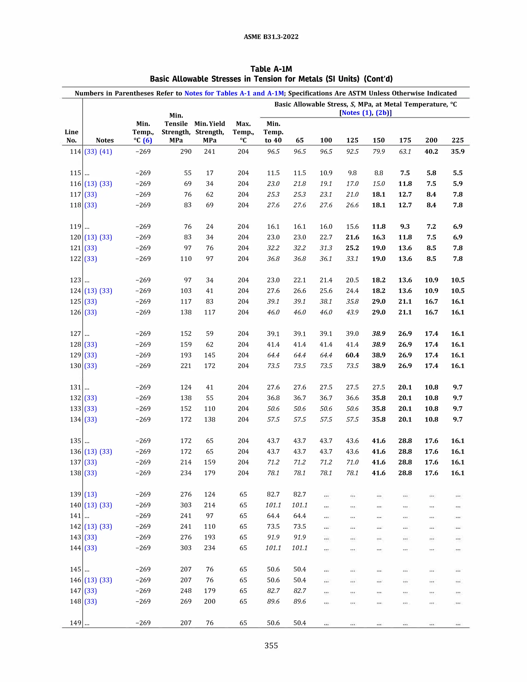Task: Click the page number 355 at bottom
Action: pyautogui.click(x=271, y=645)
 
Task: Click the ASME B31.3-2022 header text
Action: pyautogui.click(x=271, y=37)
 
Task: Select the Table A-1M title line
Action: pyautogui.click(x=271, y=69)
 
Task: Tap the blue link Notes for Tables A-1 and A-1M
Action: pyautogui.click(x=234, y=93)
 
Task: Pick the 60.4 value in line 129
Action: pyautogui.click(x=352, y=355)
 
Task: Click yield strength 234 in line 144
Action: pyautogui.click(x=209, y=548)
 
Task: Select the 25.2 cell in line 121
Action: pyautogui.click(x=352, y=248)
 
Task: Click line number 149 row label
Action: pyautogui.click(x=75, y=623)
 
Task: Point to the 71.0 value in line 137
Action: pyautogui.click(x=352, y=462)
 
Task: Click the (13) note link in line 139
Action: pyautogui.click(x=91, y=494)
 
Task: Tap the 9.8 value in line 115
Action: pyautogui.click(x=352, y=173)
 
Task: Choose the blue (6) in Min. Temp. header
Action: pyautogui.click(x=147, y=140)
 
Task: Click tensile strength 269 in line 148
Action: pyautogui.click(x=186, y=601)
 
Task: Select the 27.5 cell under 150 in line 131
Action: pyautogui.click(x=378, y=387)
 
